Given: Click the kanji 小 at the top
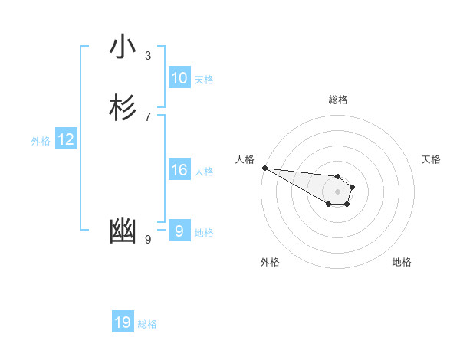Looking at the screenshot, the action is (123, 47).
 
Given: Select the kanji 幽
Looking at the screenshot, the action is (123, 231).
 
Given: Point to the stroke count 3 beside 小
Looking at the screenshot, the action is (148, 55).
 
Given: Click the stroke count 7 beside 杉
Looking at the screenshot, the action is (148, 116).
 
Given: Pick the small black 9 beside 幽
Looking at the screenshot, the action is (148, 239).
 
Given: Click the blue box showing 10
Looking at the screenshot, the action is (179, 78).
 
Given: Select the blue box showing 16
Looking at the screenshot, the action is (179, 170).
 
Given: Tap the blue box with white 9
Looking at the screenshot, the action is (179, 231).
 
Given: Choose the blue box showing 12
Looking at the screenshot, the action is (66, 139).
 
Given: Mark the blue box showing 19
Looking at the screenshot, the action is (123, 322).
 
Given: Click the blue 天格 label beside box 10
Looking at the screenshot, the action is (204, 80).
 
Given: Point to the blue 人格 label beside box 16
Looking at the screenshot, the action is (204, 172).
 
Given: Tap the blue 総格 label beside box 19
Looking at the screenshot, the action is (147, 324).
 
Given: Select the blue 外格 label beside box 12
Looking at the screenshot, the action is (41, 141).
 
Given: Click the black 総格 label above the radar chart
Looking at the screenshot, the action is (338, 100).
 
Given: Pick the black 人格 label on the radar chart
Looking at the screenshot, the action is (245, 159).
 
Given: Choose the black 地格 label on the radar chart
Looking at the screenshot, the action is (402, 262).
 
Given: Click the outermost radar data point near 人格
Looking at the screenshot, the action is (264, 168).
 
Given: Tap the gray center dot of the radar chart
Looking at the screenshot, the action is (338, 191).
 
